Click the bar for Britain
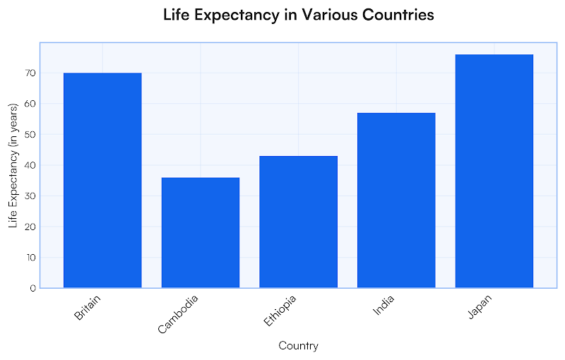pos(102,180)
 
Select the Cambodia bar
pos(201,232)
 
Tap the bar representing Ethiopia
pos(298,222)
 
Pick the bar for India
pos(396,200)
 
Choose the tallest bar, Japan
pos(494,171)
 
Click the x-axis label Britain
pos(88,308)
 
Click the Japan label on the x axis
pos(480,308)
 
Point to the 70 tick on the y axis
pos(30,73)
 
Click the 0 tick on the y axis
pos(32,288)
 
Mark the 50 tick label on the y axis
pos(30,134)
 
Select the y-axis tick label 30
pos(30,196)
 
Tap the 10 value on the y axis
pos(30,257)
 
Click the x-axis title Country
pos(298,346)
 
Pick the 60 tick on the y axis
pos(30,104)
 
